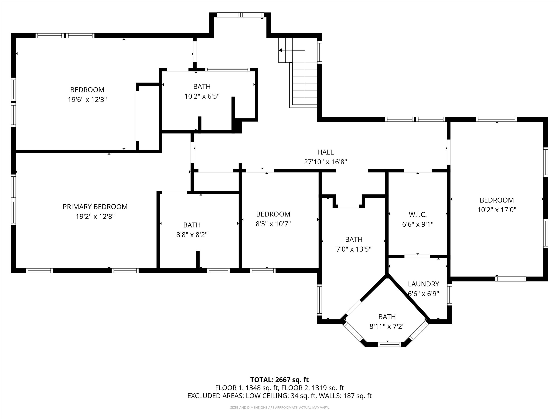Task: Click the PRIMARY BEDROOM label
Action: (95, 207)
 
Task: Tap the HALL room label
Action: (325, 152)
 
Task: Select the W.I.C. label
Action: (418, 215)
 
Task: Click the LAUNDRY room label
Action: (423, 284)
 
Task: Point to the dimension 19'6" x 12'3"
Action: (87, 99)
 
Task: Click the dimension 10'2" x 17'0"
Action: (497, 210)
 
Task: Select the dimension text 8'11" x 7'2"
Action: (387, 327)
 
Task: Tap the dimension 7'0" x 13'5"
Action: (354, 249)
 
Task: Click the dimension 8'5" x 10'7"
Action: (273, 224)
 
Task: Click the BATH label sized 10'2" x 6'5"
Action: (202, 86)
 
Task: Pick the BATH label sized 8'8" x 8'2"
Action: (192, 225)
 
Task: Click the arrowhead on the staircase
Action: (280, 50)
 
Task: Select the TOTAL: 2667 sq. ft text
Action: (279, 380)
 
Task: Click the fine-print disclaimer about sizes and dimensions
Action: (279, 407)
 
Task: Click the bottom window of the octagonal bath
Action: (389, 344)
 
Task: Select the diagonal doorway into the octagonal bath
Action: (354, 308)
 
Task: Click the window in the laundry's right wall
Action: (449, 294)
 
